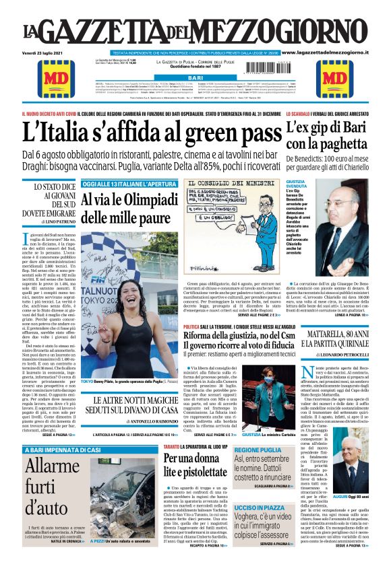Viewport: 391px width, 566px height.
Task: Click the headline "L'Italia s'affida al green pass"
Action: pyautogui.click(x=151, y=133)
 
